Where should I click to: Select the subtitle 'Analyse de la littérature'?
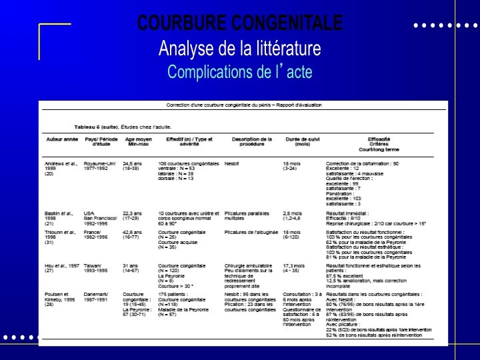(x=239, y=48)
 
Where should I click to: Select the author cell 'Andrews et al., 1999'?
(x=61, y=168)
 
